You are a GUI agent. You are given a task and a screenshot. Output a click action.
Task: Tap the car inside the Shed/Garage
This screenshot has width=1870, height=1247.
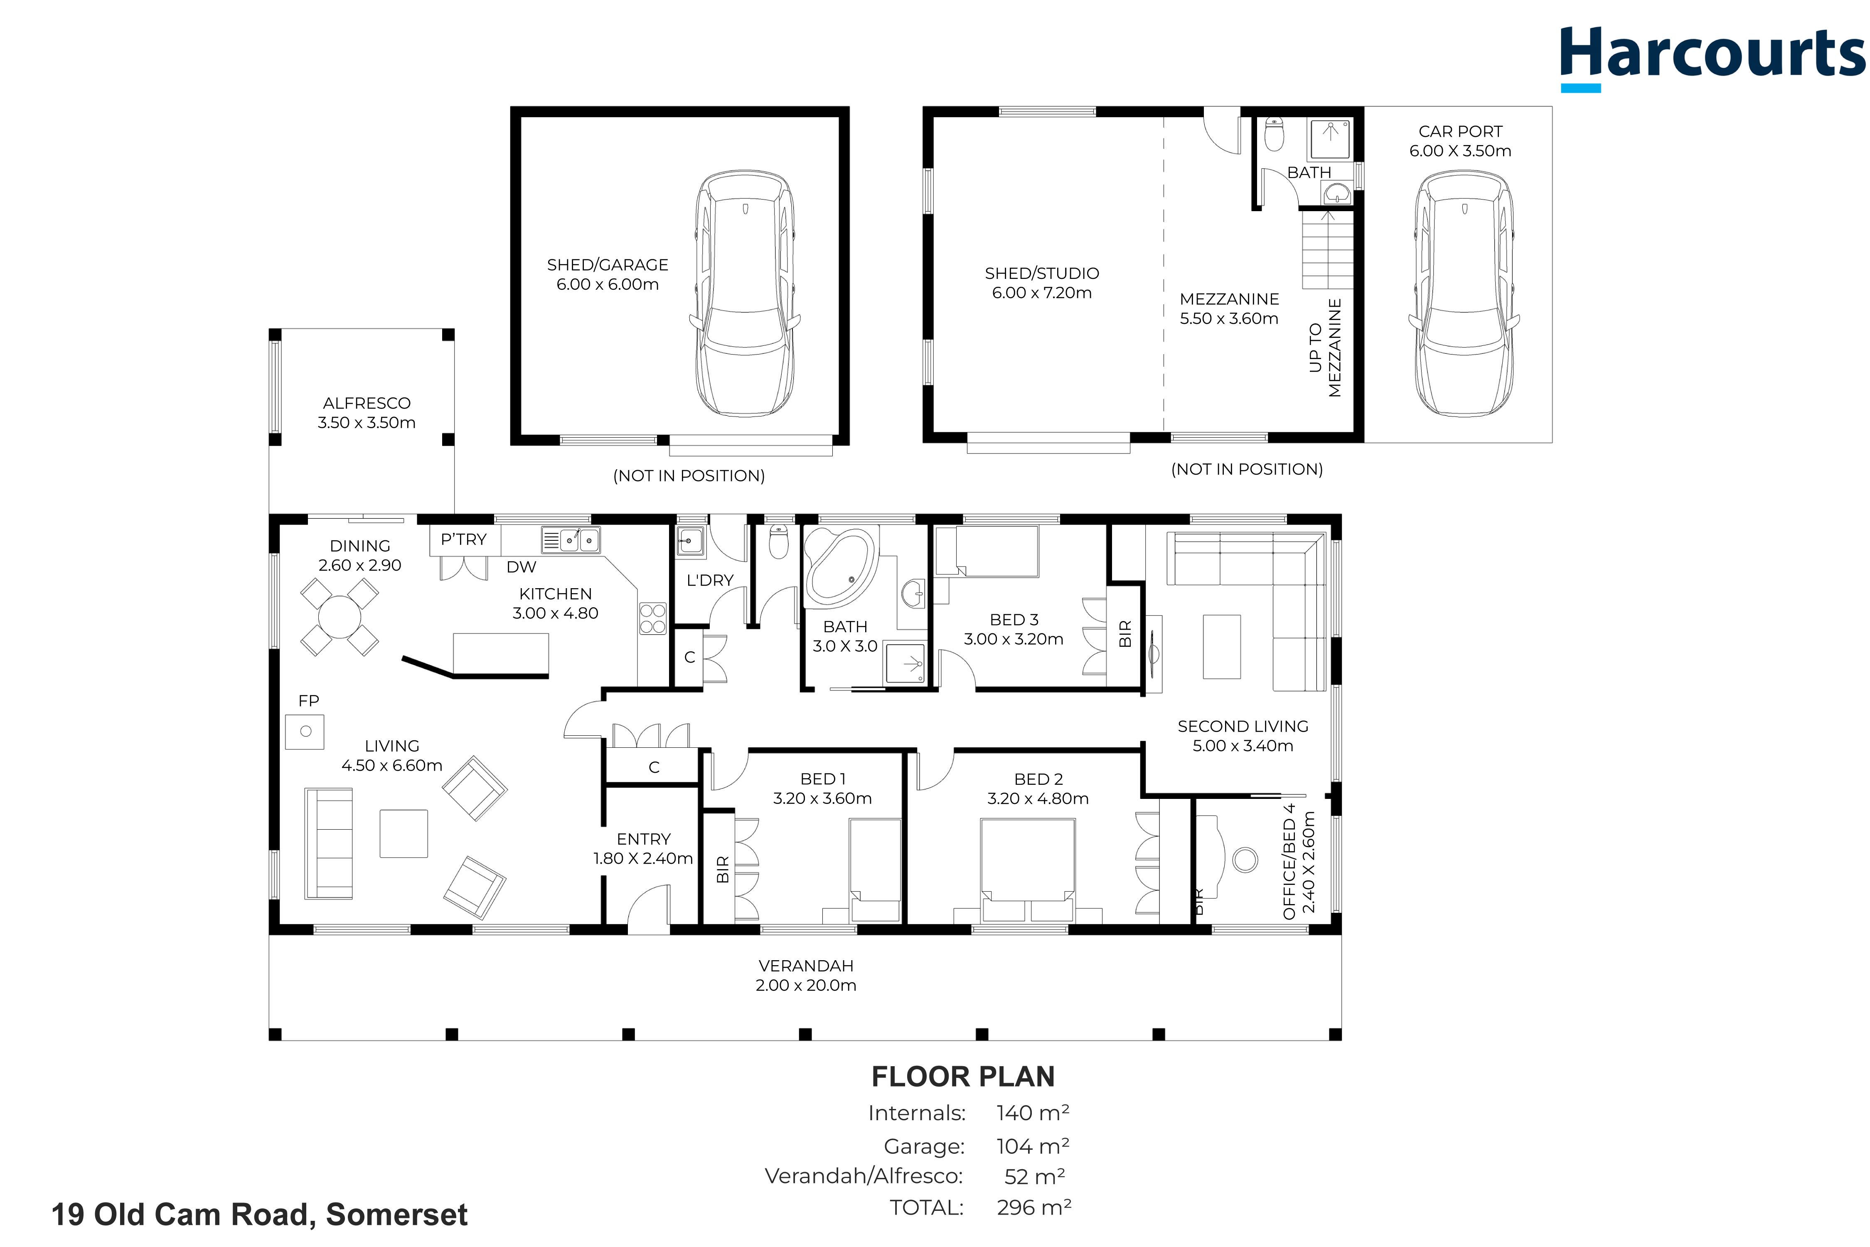745,293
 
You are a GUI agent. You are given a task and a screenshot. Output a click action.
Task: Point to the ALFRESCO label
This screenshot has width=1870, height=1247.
367,403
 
